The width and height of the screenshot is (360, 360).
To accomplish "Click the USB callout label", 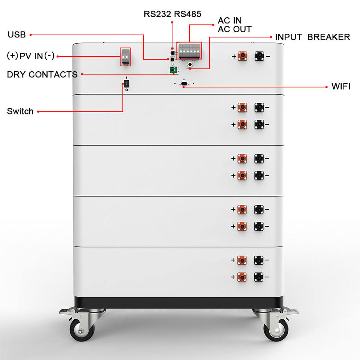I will pyautogui.click(x=17, y=35).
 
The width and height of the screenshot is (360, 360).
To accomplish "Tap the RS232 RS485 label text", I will pyautogui.click(x=172, y=14).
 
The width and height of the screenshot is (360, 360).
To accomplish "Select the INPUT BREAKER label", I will pyautogui.click(x=312, y=37).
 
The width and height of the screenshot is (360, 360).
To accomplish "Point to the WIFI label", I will pyautogui.click(x=341, y=87).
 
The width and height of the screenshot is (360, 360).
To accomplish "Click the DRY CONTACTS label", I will pyautogui.click(x=42, y=74).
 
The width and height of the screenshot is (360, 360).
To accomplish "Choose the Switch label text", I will pyautogui.click(x=20, y=111).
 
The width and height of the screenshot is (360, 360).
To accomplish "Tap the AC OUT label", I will pyautogui.click(x=235, y=29).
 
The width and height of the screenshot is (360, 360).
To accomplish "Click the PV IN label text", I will pyautogui.click(x=31, y=56).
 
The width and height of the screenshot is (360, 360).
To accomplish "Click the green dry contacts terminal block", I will pyautogui.click(x=173, y=70).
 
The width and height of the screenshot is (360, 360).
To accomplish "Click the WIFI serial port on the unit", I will pyautogui.click(x=184, y=84).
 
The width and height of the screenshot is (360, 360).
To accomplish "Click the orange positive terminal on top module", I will pyautogui.click(x=242, y=57).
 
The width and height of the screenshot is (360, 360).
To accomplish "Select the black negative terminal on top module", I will pyautogui.click(x=259, y=57).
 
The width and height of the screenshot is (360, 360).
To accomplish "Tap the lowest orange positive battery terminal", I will pyautogui.click(x=242, y=277).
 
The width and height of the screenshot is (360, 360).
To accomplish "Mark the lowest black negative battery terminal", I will pyautogui.click(x=259, y=277).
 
